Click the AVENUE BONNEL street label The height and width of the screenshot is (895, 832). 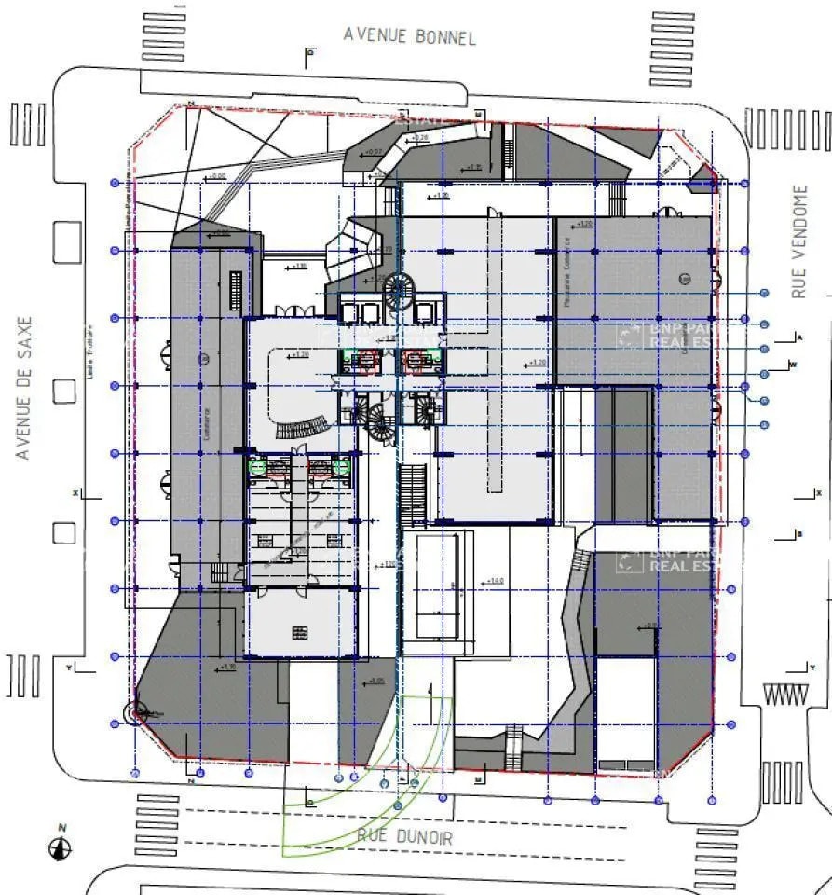pyautogui.click(x=409, y=35)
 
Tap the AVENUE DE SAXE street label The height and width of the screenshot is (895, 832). pyautogui.click(x=24, y=388)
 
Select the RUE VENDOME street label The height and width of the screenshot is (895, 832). pyautogui.click(x=799, y=241)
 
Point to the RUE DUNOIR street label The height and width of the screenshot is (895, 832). pyautogui.click(x=405, y=836)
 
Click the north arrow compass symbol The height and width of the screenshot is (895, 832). pyautogui.click(x=61, y=847)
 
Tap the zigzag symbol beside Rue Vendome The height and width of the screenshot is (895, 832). pyautogui.click(x=784, y=695)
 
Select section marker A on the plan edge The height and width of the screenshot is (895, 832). pyautogui.click(x=799, y=335)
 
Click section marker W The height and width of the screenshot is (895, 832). pyautogui.click(x=793, y=364)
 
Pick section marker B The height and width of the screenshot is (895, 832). pyautogui.click(x=799, y=534)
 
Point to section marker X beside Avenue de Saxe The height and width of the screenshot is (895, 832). pyautogui.click(x=74, y=491)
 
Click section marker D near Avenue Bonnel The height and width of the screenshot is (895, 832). pyautogui.click(x=309, y=55)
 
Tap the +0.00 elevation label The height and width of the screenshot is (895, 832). pyautogui.click(x=217, y=175)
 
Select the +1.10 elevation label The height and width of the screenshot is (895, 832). pyautogui.click(x=228, y=667)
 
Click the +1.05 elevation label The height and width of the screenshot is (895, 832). pyautogui.click(x=376, y=681)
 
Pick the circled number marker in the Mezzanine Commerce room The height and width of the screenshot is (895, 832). pyautogui.click(x=685, y=279)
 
